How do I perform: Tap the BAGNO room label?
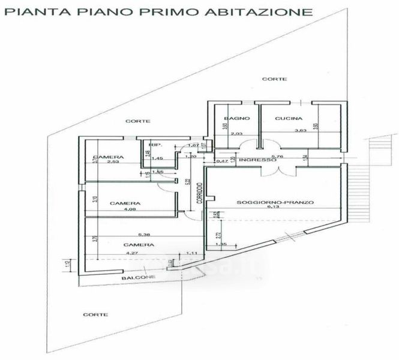click(232, 118)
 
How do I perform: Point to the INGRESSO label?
click(257, 160)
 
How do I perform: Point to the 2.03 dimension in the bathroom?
click(236, 134)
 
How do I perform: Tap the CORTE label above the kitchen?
click(278, 79)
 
